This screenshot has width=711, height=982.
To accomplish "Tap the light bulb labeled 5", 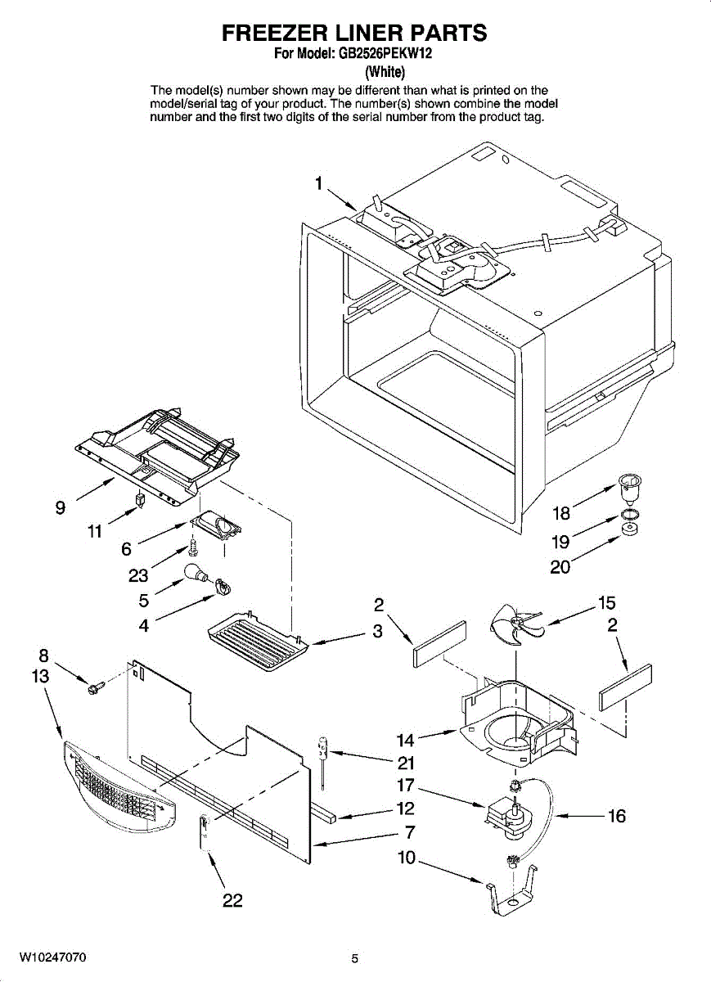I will [195, 573].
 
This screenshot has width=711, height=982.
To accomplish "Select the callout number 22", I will [233, 900].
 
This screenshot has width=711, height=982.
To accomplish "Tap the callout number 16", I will [616, 816].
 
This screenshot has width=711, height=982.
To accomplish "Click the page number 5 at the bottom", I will [355, 958].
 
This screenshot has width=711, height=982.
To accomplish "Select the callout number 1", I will [319, 183].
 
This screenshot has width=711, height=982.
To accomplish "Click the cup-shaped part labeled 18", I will [629, 488].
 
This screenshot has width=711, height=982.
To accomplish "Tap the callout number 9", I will [61, 508].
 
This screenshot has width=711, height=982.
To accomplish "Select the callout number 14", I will [406, 741].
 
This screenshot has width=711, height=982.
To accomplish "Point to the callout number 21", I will [406, 764].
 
